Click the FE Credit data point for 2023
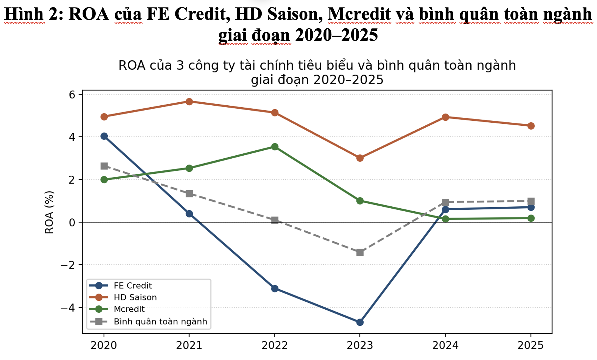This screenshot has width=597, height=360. tap(360, 322)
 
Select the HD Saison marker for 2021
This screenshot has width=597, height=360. tap(189, 101)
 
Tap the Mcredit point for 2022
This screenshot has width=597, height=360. tap(275, 147)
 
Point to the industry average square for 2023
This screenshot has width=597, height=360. tap(360, 252)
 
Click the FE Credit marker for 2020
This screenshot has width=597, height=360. tap(104, 136)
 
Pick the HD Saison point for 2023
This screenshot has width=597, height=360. tap(360, 158)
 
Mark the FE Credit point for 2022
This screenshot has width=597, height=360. tap(275, 289)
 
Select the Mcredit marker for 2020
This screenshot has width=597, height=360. tap(104, 180)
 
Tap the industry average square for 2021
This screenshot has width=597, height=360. tap(189, 193)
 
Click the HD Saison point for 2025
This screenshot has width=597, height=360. tap(531, 126)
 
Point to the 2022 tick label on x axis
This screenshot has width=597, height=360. tap(275, 345)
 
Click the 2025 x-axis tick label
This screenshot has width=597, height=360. tap(531, 345)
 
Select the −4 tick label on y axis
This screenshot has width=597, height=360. tap(68, 308)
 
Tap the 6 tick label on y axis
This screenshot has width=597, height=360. tap(72, 95)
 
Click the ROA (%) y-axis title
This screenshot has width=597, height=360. tap(49, 212)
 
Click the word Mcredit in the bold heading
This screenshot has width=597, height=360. tap(360, 14)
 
